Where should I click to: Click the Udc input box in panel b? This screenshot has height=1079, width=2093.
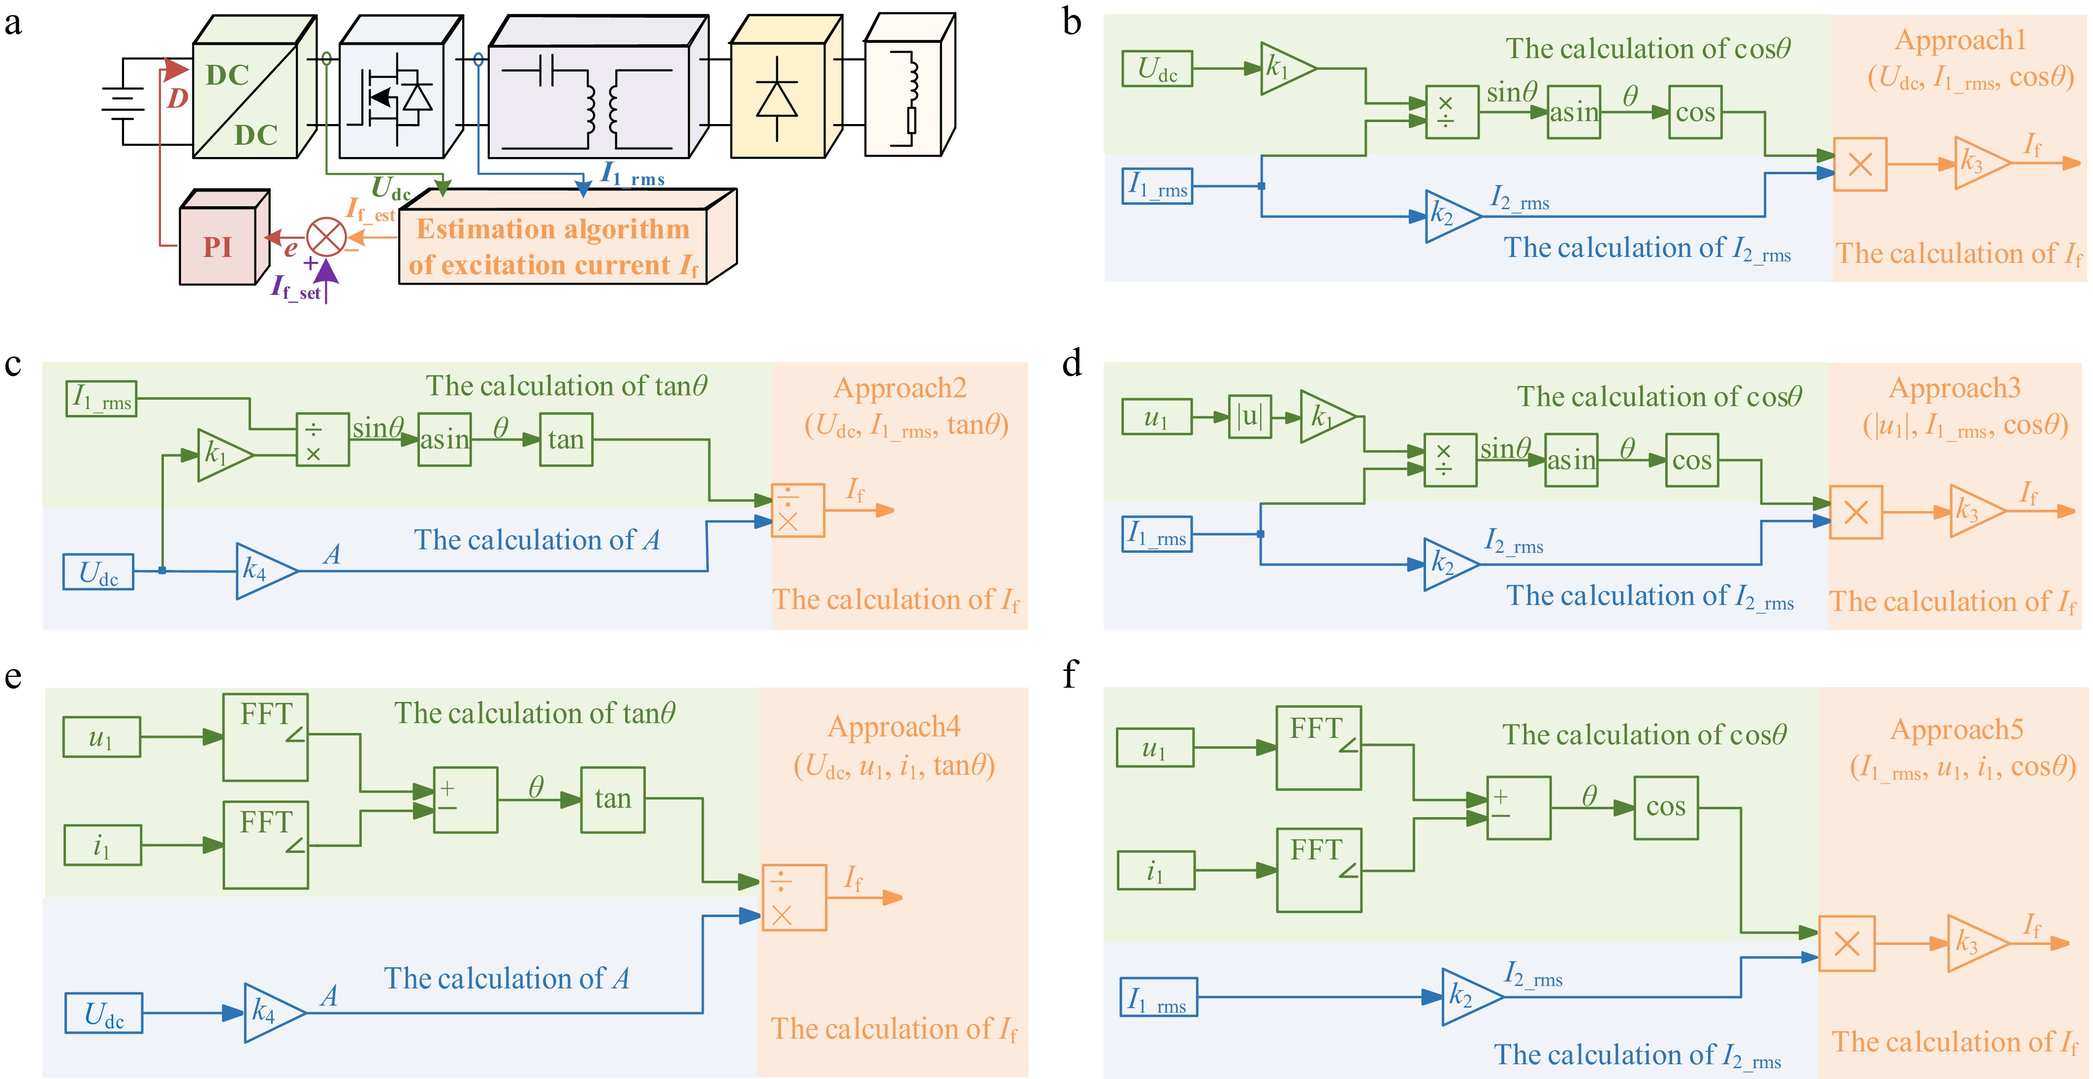pyautogui.click(x=1157, y=68)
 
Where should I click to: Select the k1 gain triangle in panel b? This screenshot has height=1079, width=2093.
pyautogui.click(x=1285, y=68)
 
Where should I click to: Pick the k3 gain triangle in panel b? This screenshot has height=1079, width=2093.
pyautogui.click(x=1979, y=162)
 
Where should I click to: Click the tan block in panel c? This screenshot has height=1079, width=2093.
pyautogui.click(x=566, y=440)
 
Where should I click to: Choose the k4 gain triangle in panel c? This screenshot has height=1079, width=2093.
pyautogui.click(x=262, y=571)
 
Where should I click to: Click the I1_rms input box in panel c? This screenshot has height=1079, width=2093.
pyautogui.click(x=101, y=399)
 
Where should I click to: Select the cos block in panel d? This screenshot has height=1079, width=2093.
pyautogui.click(x=1692, y=461)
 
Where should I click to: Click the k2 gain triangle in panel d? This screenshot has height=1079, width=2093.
pyautogui.click(x=1447, y=564)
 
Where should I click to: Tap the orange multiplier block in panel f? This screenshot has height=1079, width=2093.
pyautogui.click(x=1846, y=943)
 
